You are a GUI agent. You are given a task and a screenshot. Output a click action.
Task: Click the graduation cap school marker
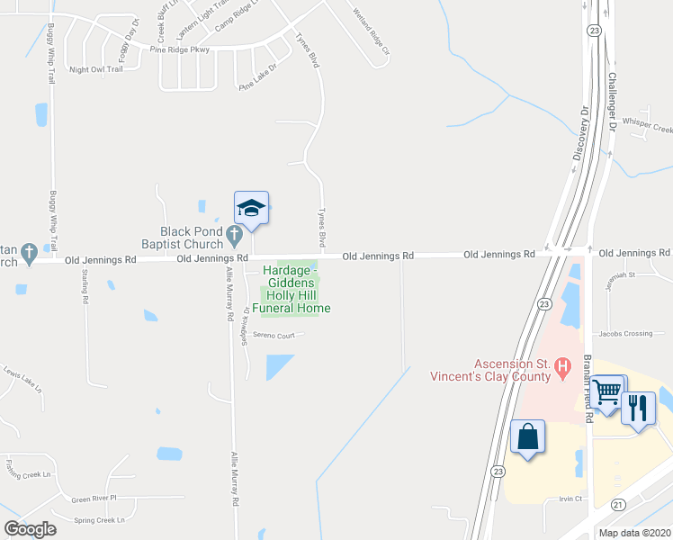[252, 209]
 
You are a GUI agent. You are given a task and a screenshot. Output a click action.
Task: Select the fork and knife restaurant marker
[638, 409]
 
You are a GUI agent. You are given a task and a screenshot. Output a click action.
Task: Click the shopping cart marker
[609, 392]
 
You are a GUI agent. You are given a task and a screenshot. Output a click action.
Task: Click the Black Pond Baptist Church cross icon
[234, 237]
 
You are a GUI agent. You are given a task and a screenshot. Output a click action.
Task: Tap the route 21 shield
[618, 505]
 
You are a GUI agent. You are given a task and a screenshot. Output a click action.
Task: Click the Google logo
[30, 529]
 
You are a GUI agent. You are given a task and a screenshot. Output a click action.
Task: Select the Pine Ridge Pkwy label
[180, 49]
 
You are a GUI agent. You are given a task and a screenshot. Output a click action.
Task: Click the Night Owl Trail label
[95, 69]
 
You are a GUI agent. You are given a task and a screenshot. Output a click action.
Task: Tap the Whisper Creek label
[652, 129]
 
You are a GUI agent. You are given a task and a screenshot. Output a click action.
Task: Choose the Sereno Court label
[274, 336]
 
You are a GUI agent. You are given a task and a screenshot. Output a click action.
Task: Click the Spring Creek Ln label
[99, 519]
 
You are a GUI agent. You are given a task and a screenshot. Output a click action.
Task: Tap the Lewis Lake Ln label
[22, 379]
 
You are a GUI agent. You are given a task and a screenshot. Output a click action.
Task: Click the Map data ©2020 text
[634, 533]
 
